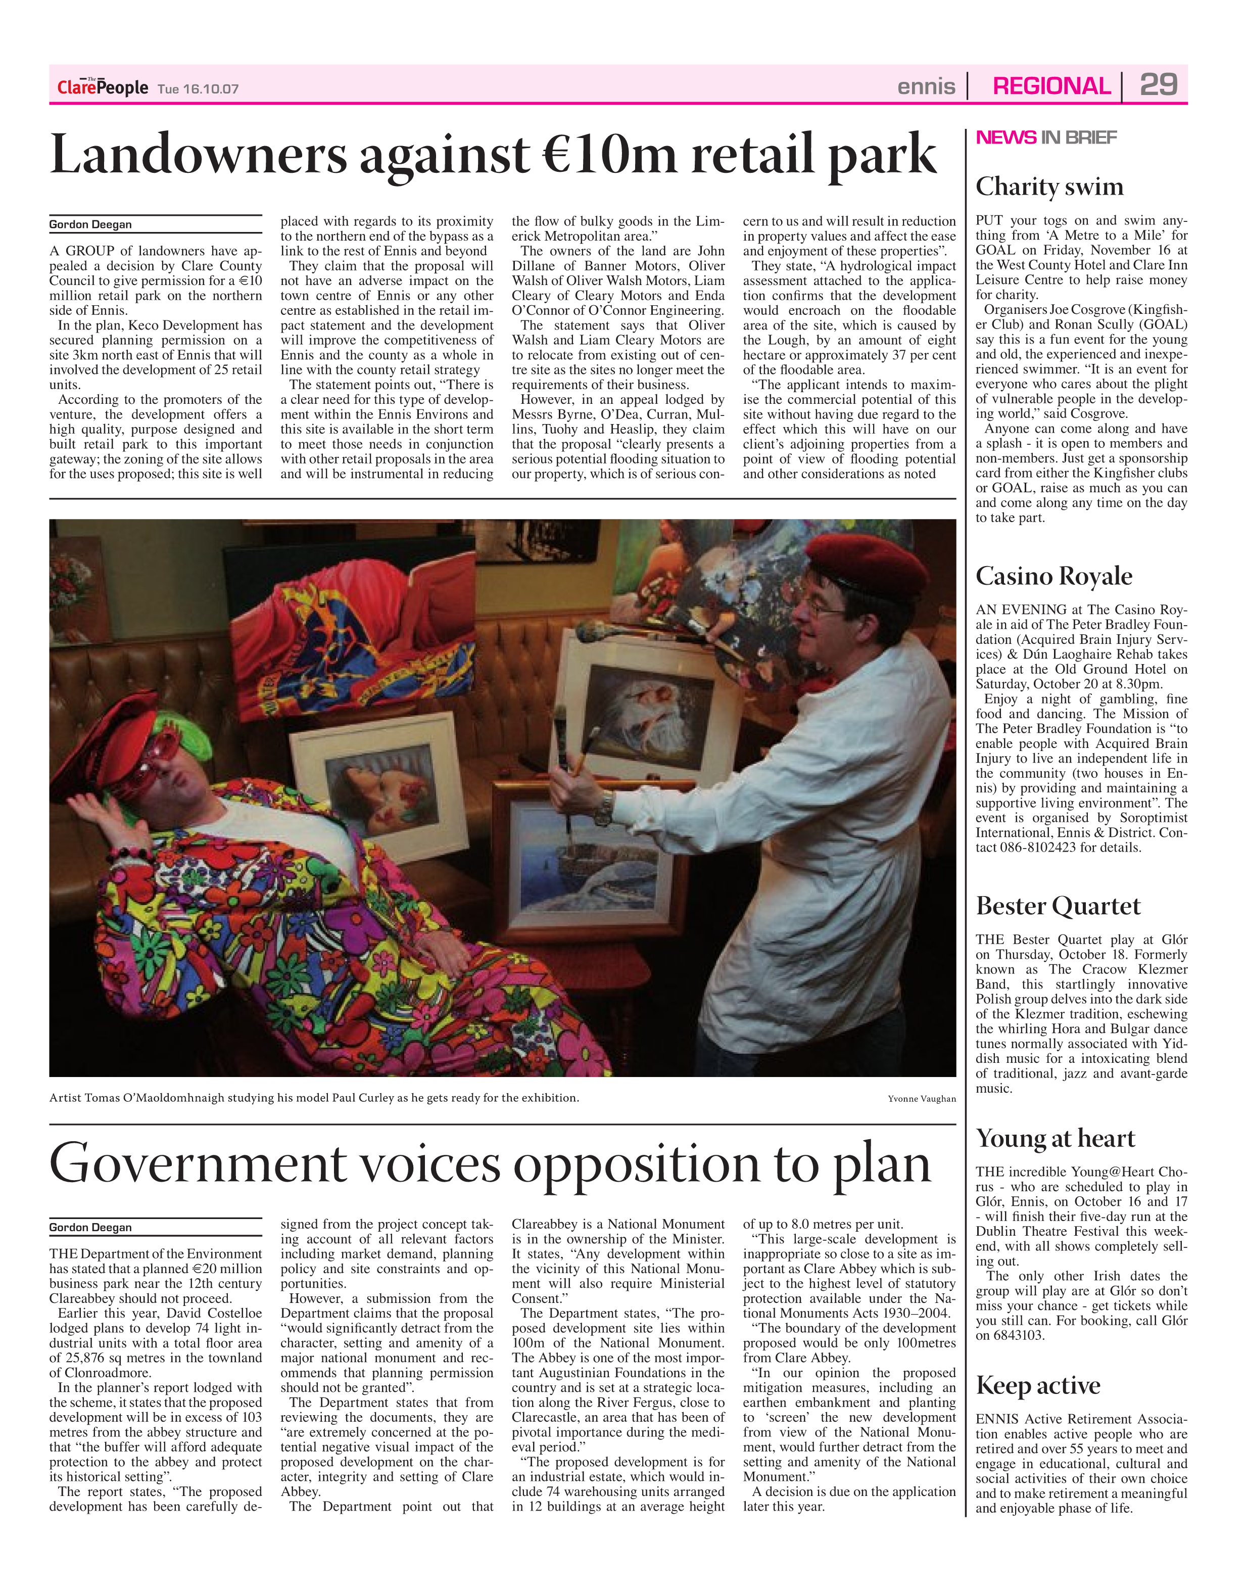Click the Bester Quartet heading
point(1058,906)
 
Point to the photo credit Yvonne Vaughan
point(922,1099)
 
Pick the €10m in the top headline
point(610,155)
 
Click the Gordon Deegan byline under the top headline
point(90,225)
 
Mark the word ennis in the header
point(926,87)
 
